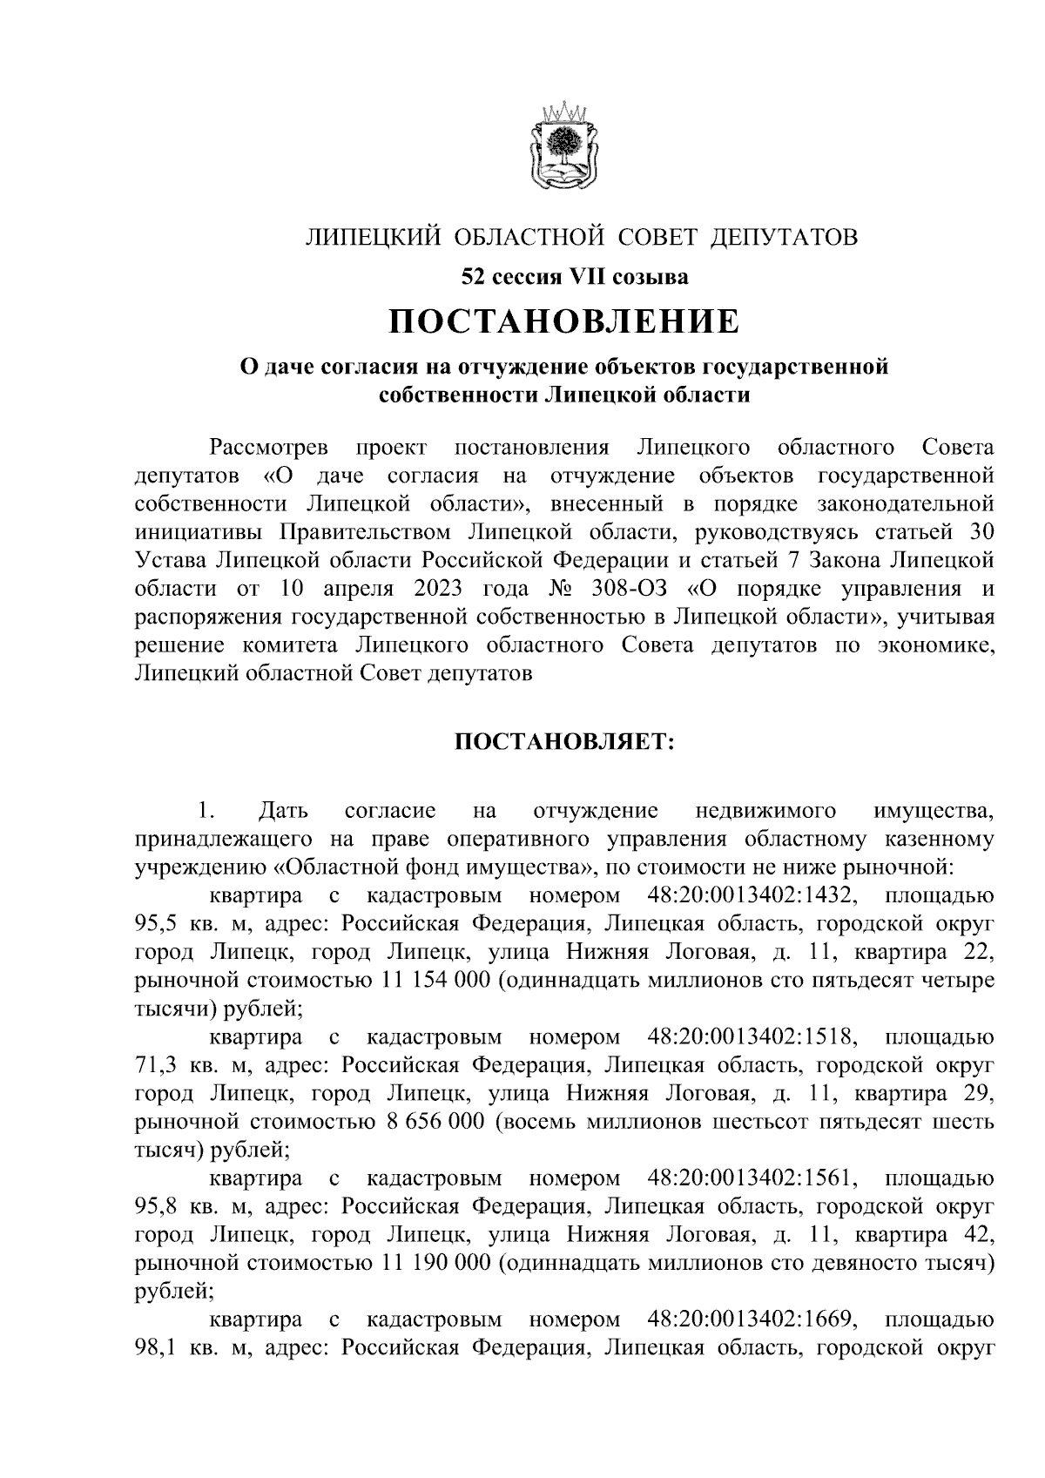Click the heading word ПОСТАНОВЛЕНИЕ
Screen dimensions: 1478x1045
(563, 321)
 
